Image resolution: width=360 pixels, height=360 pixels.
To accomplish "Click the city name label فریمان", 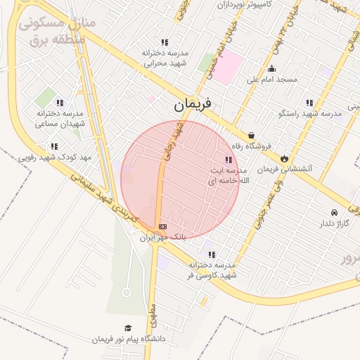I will click(x=197, y=106).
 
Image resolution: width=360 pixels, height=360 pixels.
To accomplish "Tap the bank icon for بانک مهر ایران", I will click(x=162, y=226).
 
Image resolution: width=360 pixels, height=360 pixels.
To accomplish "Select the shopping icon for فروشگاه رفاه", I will click(x=251, y=136).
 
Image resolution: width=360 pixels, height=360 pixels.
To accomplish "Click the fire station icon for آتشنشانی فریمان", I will click(x=284, y=159).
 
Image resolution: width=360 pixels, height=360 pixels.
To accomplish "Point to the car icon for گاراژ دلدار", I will click(x=333, y=212).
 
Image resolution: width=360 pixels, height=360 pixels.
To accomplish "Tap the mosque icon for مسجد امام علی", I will click(x=271, y=69).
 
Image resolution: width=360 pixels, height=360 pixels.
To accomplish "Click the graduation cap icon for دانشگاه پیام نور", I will click(x=128, y=328).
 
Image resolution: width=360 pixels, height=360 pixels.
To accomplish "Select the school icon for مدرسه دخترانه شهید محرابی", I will click(x=165, y=43).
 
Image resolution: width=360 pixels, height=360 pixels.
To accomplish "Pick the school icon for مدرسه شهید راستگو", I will click(x=310, y=103).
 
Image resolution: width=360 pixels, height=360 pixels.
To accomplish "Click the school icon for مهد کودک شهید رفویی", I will click(x=53, y=146).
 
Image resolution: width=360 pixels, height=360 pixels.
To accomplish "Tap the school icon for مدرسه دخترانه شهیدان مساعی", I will click(x=59, y=103).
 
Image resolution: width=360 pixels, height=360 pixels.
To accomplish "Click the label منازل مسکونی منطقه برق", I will click(x=56, y=32).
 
